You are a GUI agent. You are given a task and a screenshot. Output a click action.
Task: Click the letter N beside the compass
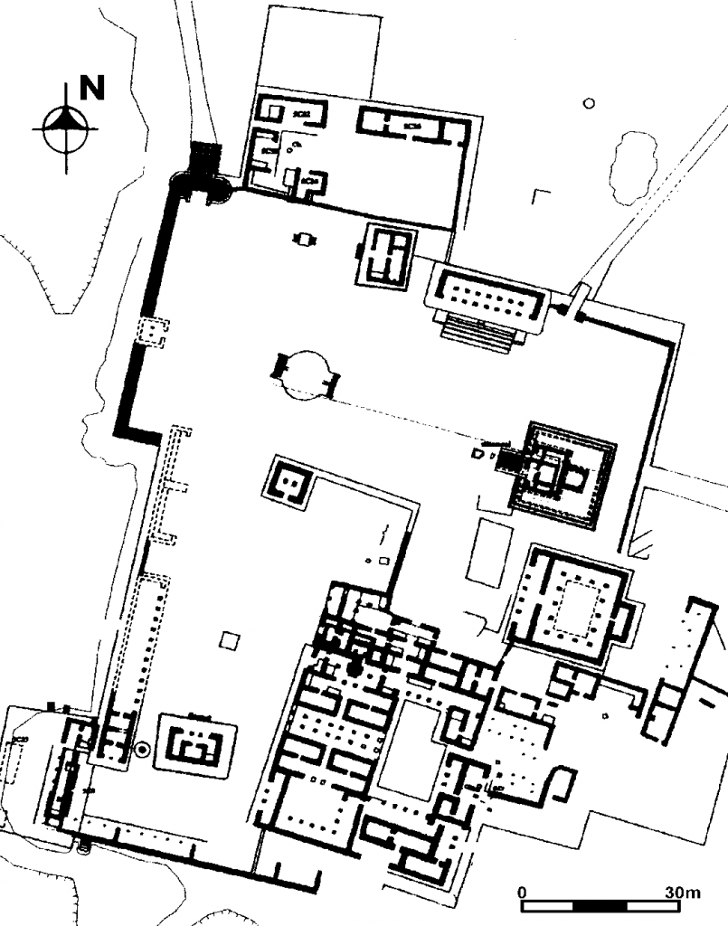coord(92,88)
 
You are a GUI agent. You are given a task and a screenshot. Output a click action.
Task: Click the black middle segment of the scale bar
coord(600,905)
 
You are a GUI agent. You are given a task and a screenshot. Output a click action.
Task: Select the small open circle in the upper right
coord(588,103)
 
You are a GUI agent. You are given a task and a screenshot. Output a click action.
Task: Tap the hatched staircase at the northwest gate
coord(205,157)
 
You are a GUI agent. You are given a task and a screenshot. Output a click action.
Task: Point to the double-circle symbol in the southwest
coord(142,750)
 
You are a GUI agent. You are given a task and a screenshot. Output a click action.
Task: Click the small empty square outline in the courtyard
coord(230,640)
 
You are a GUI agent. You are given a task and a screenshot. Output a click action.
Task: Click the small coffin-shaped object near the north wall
coord(304,239)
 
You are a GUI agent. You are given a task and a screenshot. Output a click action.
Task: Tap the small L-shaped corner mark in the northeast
coord(541,195)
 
